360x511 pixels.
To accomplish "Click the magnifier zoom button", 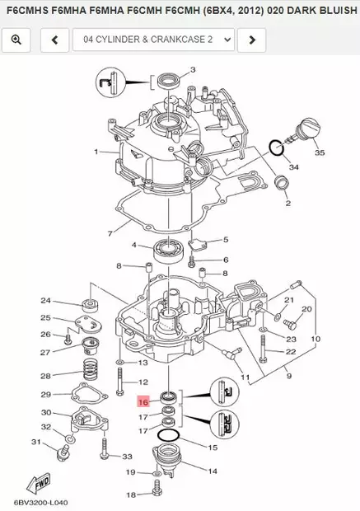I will [16, 40].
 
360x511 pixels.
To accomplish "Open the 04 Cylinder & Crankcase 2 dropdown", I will [153, 40].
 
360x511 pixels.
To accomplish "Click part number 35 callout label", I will [319, 153].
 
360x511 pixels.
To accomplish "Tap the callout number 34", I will [293, 167].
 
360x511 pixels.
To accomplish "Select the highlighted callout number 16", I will [143, 403].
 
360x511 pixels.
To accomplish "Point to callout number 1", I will [96, 152].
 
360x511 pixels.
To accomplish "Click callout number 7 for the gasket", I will [110, 234].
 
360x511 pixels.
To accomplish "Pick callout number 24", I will [46, 301].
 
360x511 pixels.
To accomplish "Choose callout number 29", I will [46, 395].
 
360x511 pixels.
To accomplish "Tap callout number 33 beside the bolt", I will [127, 456].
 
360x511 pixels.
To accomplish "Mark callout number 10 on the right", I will [315, 339].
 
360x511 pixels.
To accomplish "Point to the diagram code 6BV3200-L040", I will [41, 501].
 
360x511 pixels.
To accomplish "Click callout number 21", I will [288, 300].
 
